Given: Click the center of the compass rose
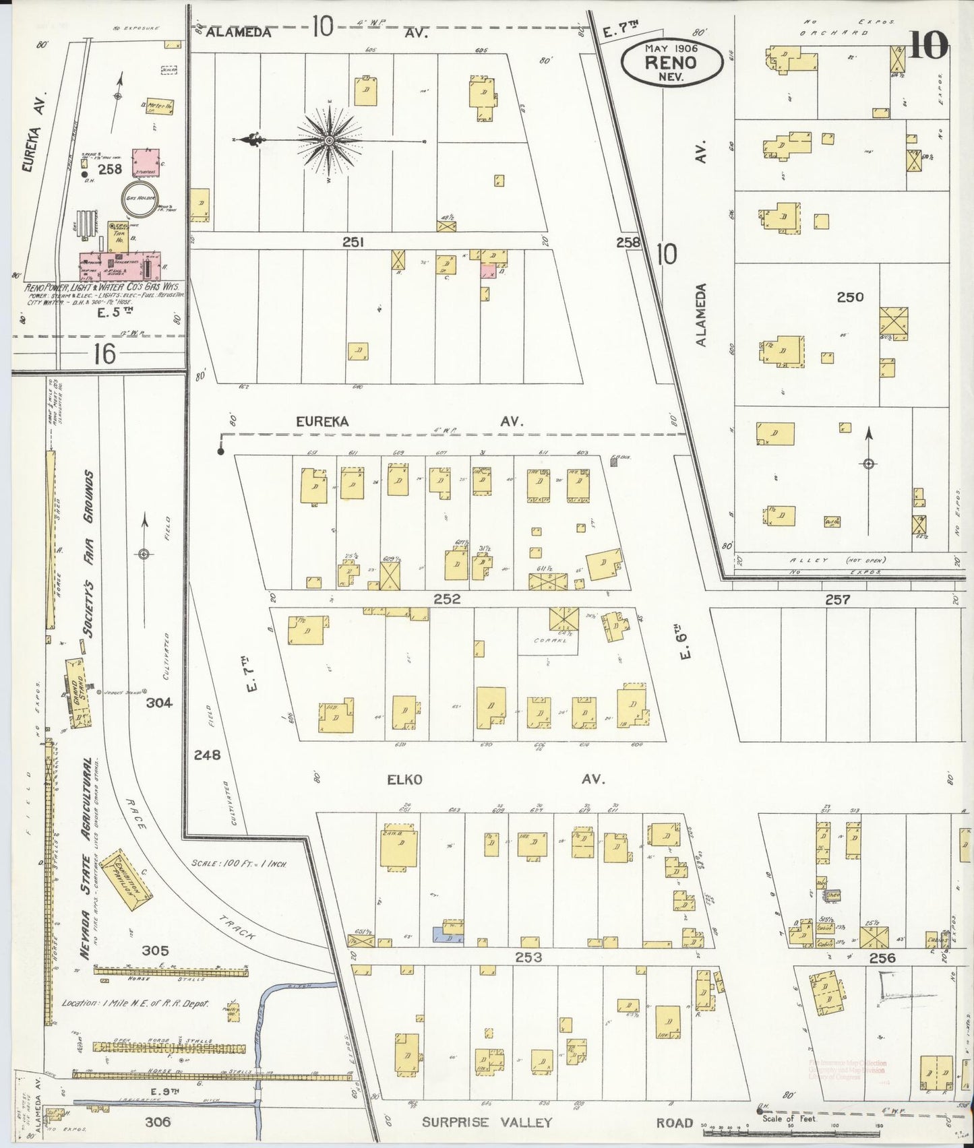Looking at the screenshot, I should pyautogui.click(x=328, y=140).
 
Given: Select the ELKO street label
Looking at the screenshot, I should pyautogui.click(x=404, y=779).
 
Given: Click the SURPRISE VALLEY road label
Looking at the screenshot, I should pyautogui.click(x=487, y=1122).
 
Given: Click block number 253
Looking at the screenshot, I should pyautogui.click(x=528, y=957).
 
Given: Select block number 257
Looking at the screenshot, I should pyautogui.click(x=837, y=599).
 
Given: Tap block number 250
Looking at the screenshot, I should pyautogui.click(x=850, y=297).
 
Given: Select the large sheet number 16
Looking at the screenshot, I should pyautogui.click(x=105, y=353).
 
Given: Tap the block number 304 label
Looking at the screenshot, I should pyautogui.click(x=159, y=703).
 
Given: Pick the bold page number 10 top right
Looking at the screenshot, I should pyautogui.click(x=929, y=45).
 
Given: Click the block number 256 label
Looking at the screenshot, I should pyautogui.click(x=882, y=957).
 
